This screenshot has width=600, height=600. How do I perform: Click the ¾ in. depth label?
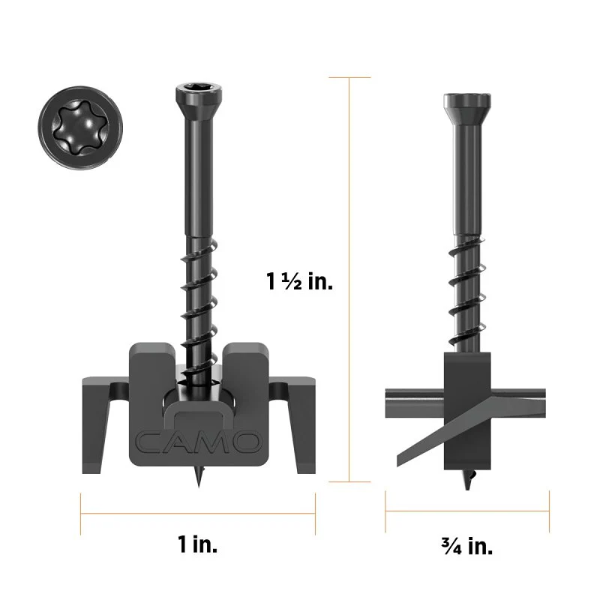[x=467, y=545]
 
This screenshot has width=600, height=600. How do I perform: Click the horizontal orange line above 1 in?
[x=198, y=513]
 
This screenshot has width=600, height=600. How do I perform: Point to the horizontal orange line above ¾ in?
[x=467, y=513]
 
